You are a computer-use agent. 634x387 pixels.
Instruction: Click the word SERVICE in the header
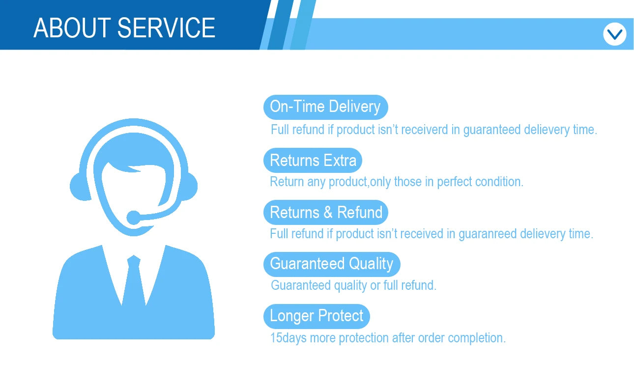click(x=166, y=28)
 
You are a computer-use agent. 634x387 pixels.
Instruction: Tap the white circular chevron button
click(x=614, y=34)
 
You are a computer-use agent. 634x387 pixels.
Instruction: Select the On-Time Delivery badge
click(x=325, y=107)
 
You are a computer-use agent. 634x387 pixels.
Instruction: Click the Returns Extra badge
click(x=313, y=161)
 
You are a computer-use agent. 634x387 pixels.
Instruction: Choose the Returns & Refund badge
click(x=325, y=213)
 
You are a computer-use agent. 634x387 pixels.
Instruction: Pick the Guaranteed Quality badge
click(x=332, y=264)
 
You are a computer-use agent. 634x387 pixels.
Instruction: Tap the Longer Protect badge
click(x=317, y=316)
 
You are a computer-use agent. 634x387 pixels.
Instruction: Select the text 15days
click(x=288, y=338)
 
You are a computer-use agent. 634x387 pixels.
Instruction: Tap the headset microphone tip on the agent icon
click(x=133, y=218)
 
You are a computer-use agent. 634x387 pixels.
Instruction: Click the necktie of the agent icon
click(x=134, y=280)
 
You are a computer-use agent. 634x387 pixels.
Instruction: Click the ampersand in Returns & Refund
click(x=328, y=213)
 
